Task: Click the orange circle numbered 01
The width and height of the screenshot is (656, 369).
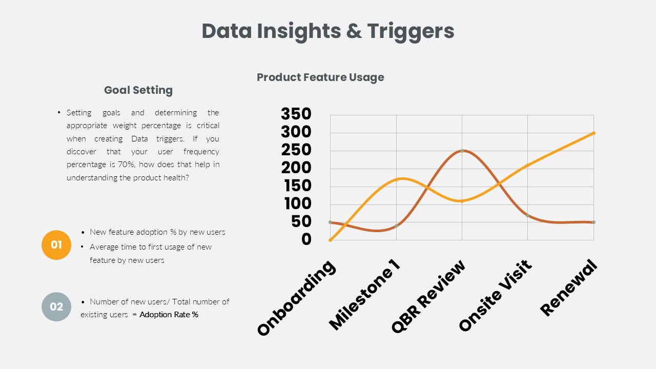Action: tap(56, 245)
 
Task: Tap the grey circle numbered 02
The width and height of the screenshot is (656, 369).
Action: tap(56, 306)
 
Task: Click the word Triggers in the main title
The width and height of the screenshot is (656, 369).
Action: tap(411, 32)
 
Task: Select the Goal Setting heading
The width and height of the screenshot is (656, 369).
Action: tap(138, 90)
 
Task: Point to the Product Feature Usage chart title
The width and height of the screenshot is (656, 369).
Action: tap(320, 77)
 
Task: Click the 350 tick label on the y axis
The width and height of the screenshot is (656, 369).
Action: tap(296, 114)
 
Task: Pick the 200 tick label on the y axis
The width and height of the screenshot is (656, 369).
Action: tap(296, 168)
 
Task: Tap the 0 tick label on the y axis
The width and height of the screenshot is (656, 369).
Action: tap(306, 239)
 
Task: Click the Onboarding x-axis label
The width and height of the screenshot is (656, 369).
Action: tap(296, 298)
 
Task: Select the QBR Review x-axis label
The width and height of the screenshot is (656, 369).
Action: tap(428, 296)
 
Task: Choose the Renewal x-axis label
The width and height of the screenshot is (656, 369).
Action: tap(568, 288)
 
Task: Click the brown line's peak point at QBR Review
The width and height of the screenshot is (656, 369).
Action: tap(462, 151)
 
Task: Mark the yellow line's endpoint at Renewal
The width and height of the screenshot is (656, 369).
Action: tap(593, 133)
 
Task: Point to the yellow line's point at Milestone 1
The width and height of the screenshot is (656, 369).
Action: tap(397, 179)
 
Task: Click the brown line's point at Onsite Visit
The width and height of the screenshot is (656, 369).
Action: tap(528, 216)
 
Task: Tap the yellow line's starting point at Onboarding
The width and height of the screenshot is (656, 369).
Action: tap(331, 240)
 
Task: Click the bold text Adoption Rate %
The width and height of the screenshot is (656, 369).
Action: tap(169, 315)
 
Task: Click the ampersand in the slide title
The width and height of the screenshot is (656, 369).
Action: tap(354, 31)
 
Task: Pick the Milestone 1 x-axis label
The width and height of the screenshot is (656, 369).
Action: tap(364, 295)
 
